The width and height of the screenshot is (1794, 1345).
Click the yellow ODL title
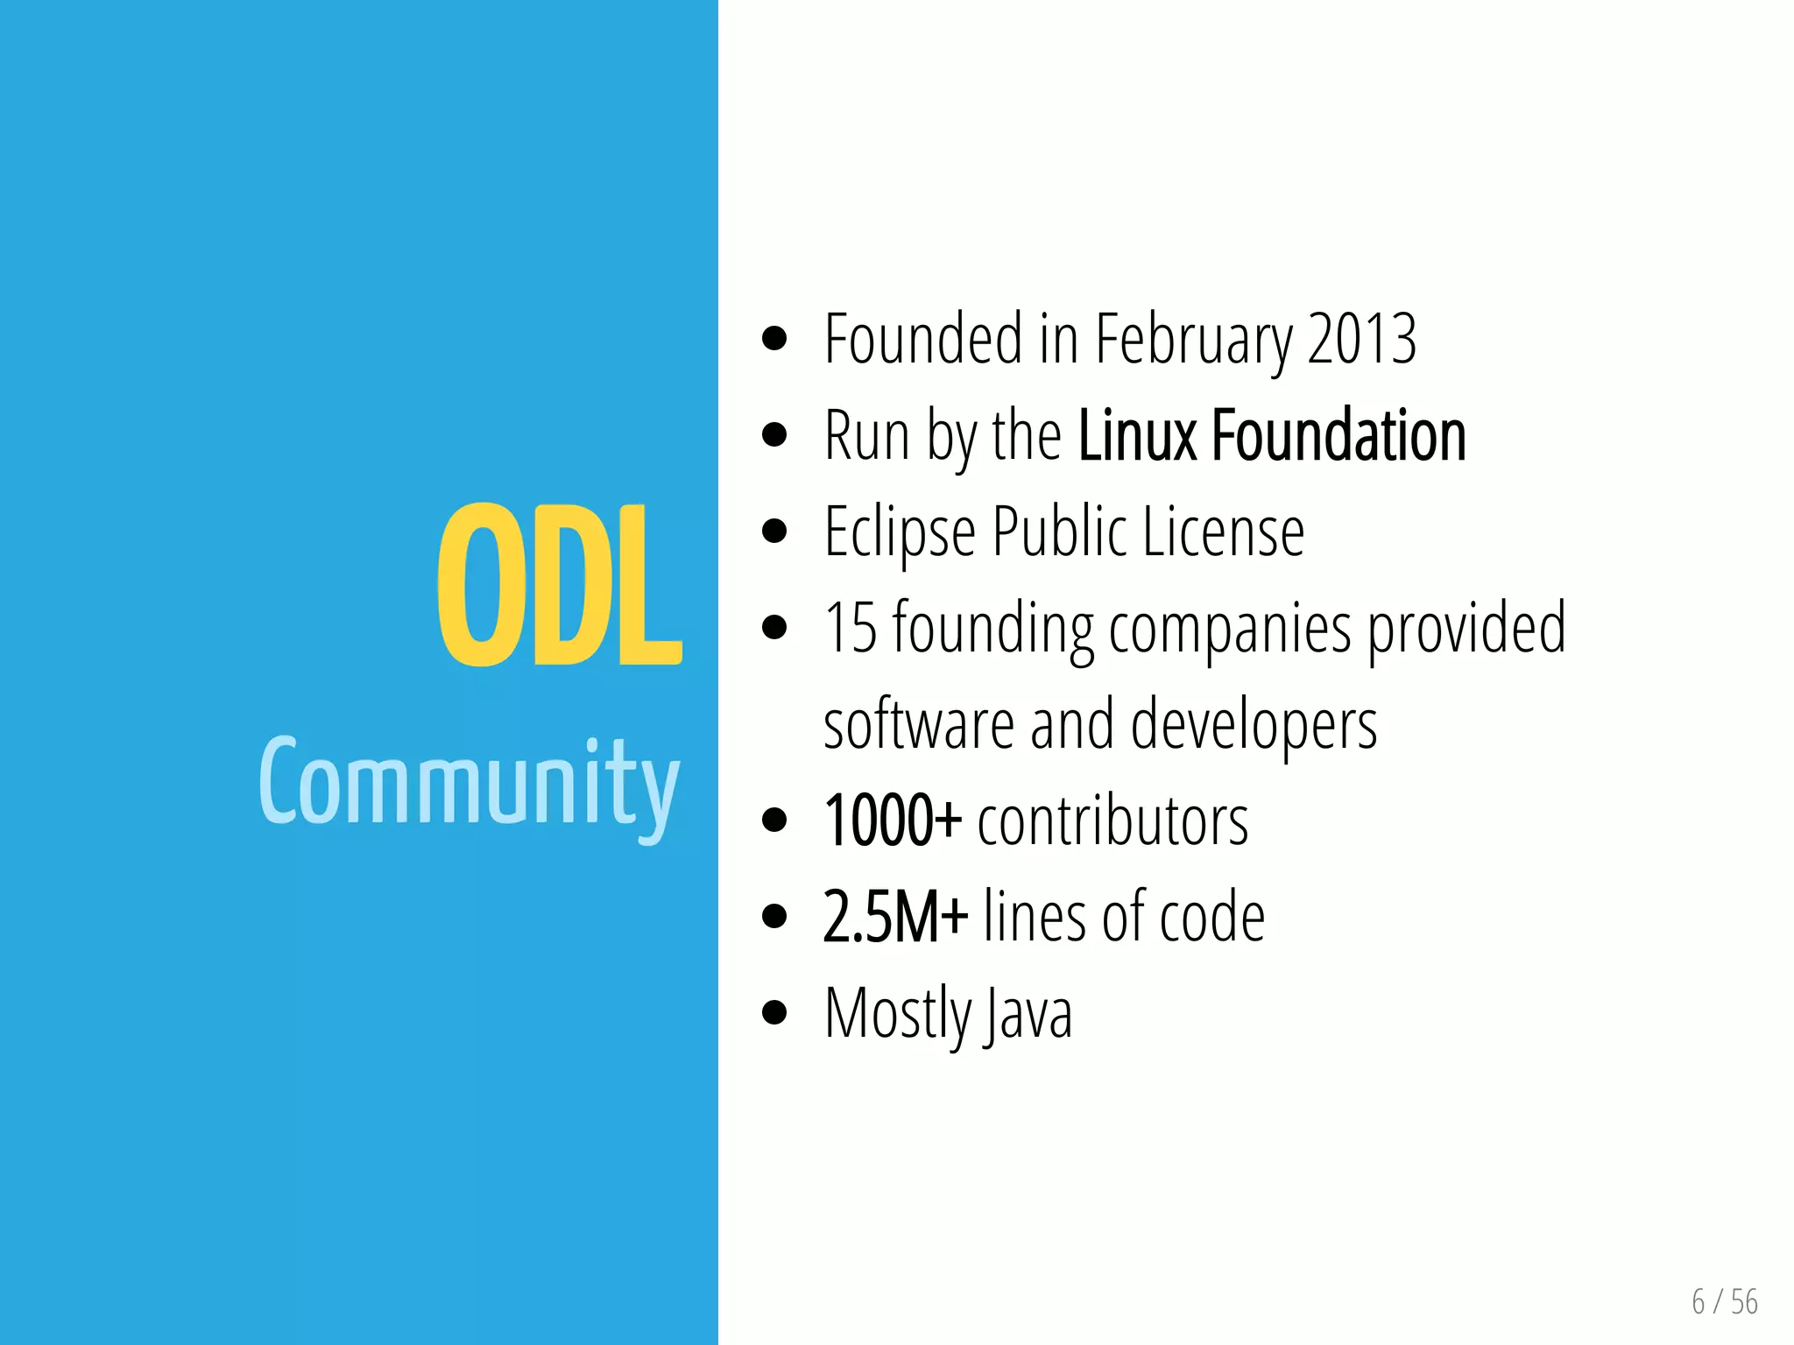coord(559,585)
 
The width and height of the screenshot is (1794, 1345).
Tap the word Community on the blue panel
coord(469,782)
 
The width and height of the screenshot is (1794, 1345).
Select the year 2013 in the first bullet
coord(1361,339)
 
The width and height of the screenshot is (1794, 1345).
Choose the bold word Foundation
coord(1338,435)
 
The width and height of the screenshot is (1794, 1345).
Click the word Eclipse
coord(900,532)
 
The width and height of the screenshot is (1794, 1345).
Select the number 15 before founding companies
coord(850,628)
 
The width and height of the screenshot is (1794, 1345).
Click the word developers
coord(1254,726)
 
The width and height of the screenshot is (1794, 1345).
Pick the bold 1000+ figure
coord(892,820)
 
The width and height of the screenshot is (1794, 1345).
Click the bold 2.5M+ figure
coord(895,917)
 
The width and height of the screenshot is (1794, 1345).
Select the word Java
coord(1028,1014)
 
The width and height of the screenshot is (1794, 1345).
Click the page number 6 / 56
coord(1724,1302)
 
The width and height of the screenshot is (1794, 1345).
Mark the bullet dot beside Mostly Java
coord(774,1013)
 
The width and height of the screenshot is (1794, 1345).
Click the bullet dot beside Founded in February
coord(774,338)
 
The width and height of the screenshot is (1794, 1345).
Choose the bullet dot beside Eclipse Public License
coord(774,531)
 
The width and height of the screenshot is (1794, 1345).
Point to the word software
coord(919,724)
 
